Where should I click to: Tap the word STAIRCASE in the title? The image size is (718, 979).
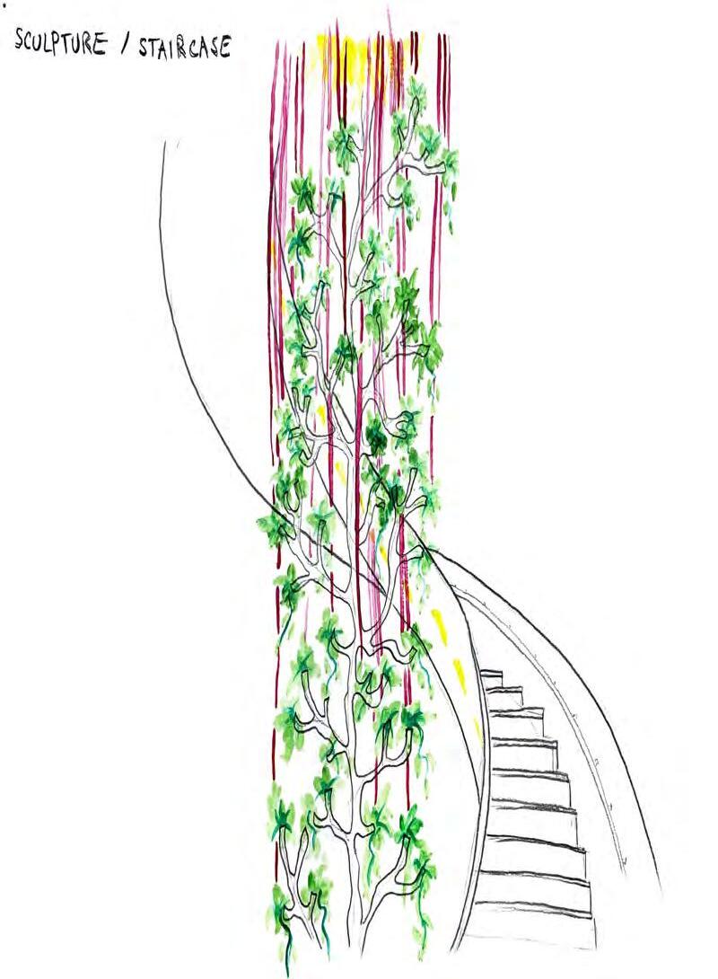pyautogui.click(x=184, y=46)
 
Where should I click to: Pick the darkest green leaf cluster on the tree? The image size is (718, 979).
pyautogui.click(x=377, y=439)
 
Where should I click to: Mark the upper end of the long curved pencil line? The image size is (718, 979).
pyautogui.click(x=165, y=144)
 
